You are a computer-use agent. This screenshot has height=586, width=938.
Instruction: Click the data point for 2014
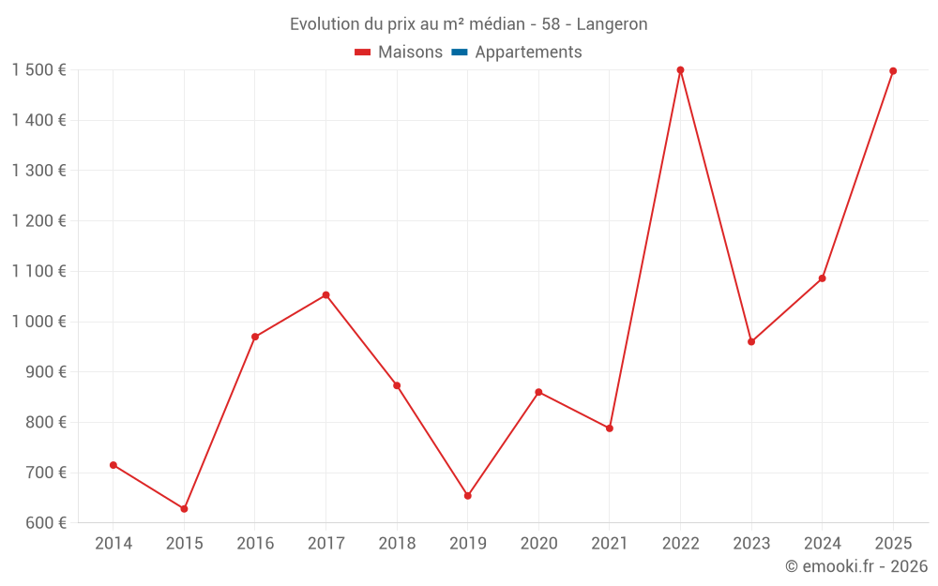click(113, 465)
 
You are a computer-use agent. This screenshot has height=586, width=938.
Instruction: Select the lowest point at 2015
click(184, 509)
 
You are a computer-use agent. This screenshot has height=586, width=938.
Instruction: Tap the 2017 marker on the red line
click(325, 295)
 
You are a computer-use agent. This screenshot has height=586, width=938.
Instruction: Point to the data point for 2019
click(468, 496)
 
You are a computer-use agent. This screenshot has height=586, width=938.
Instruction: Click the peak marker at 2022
click(680, 70)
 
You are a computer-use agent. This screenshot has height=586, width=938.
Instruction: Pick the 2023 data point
click(751, 342)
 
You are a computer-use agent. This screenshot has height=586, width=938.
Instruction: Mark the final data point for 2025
click(893, 71)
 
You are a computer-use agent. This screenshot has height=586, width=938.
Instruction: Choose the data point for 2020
click(538, 392)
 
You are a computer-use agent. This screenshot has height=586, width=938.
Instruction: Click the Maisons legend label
click(410, 53)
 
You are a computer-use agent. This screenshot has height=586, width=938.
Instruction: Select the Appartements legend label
click(528, 53)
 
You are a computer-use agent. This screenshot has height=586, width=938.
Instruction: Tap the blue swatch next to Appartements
click(460, 53)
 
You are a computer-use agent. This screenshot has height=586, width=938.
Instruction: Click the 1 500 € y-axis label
click(38, 70)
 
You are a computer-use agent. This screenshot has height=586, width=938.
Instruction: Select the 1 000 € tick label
click(38, 322)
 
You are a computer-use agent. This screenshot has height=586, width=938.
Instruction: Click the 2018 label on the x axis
click(397, 544)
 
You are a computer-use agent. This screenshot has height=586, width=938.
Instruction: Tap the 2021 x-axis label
click(610, 544)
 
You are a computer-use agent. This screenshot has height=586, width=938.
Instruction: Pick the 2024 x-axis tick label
click(822, 544)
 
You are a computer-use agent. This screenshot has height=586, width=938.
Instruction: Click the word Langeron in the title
click(612, 24)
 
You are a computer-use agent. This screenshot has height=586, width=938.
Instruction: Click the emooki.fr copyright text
click(856, 566)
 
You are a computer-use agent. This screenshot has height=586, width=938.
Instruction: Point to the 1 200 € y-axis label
click(38, 221)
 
